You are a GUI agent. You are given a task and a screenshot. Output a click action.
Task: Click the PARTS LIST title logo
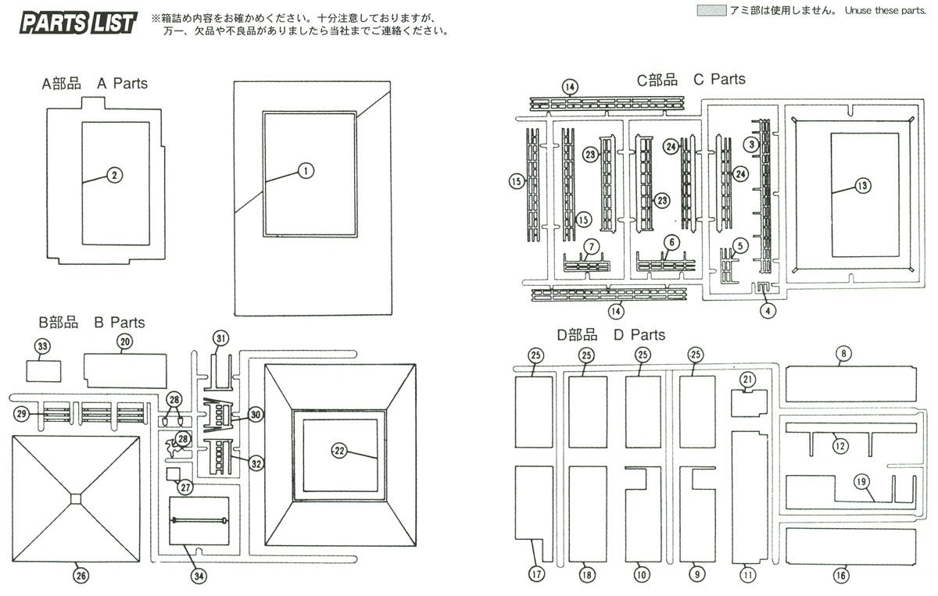point(78,23)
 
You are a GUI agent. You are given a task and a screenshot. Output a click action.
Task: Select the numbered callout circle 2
point(114,175)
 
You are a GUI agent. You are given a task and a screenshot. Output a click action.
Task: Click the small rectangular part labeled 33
point(45,369)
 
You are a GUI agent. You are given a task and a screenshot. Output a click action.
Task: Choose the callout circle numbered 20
point(124,341)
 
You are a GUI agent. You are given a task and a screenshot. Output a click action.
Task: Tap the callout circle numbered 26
point(81,576)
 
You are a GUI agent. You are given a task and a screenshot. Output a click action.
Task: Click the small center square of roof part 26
point(75,498)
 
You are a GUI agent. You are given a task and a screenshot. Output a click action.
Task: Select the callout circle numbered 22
point(339,450)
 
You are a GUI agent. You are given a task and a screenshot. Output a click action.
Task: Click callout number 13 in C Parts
point(862,186)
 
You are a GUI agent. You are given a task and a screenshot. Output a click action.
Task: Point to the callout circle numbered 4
point(768,311)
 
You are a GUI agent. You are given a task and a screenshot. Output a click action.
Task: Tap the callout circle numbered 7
point(592,247)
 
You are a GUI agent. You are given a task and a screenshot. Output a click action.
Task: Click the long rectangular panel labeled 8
point(850,384)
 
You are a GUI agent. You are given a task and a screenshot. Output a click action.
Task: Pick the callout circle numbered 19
point(861,482)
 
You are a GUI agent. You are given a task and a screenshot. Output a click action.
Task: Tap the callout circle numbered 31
point(220,337)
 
